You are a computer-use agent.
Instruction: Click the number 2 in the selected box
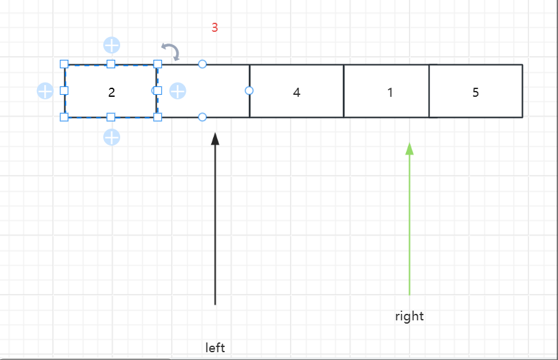[112, 92]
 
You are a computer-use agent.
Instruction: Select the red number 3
[214, 28]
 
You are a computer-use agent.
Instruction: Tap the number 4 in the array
[297, 92]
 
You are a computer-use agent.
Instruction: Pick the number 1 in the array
[390, 92]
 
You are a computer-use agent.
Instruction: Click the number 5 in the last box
[476, 92]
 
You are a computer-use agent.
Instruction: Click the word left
[215, 348]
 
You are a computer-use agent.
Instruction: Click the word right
[409, 316]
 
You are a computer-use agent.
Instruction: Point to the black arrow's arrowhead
[215, 138]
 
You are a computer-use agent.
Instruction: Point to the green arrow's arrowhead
[409, 149]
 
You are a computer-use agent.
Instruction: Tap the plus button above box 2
[112, 45]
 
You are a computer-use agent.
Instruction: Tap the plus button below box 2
[112, 137]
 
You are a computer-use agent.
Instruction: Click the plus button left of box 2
[45, 91]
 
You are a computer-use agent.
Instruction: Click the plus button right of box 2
[178, 91]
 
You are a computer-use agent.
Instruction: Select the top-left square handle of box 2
[64, 64]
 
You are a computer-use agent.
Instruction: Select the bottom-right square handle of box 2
[157, 117]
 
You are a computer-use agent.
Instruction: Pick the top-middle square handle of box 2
[110, 64]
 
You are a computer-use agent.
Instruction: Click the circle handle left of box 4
[249, 90]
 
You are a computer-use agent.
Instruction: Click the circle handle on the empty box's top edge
[202, 64]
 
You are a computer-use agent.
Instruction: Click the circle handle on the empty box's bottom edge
[202, 117]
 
